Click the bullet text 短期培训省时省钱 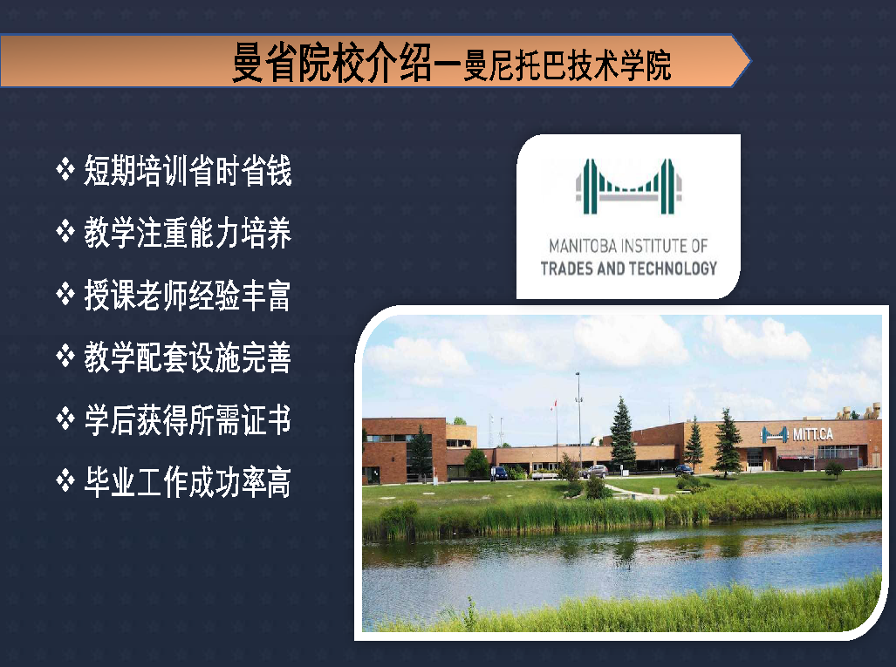(x=188, y=170)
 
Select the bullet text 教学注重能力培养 (x=188, y=233)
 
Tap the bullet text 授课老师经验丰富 (x=188, y=296)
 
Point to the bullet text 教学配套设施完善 (x=188, y=357)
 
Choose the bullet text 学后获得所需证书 (x=188, y=419)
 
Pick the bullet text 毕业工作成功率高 (x=188, y=482)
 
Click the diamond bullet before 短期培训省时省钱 (x=65, y=169)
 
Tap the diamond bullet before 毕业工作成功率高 (x=65, y=480)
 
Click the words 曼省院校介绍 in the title (x=332, y=63)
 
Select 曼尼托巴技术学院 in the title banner (x=567, y=65)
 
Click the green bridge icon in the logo (x=628, y=187)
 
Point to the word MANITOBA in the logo (x=583, y=246)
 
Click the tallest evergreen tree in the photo (x=622, y=434)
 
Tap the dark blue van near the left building (x=499, y=473)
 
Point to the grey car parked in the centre (x=595, y=472)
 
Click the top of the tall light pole (x=578, y=374)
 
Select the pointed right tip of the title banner (x=749, y=61)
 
